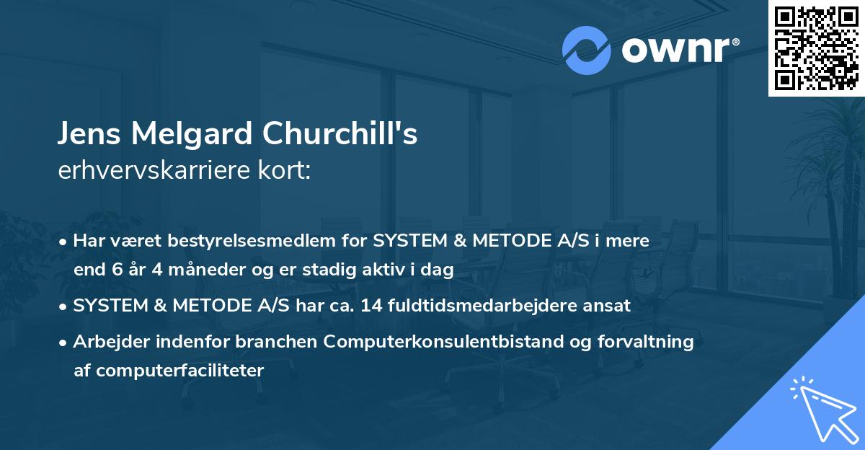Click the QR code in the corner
click(816, 48)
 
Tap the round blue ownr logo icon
click(587, 50)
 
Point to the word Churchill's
click(340, 135)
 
